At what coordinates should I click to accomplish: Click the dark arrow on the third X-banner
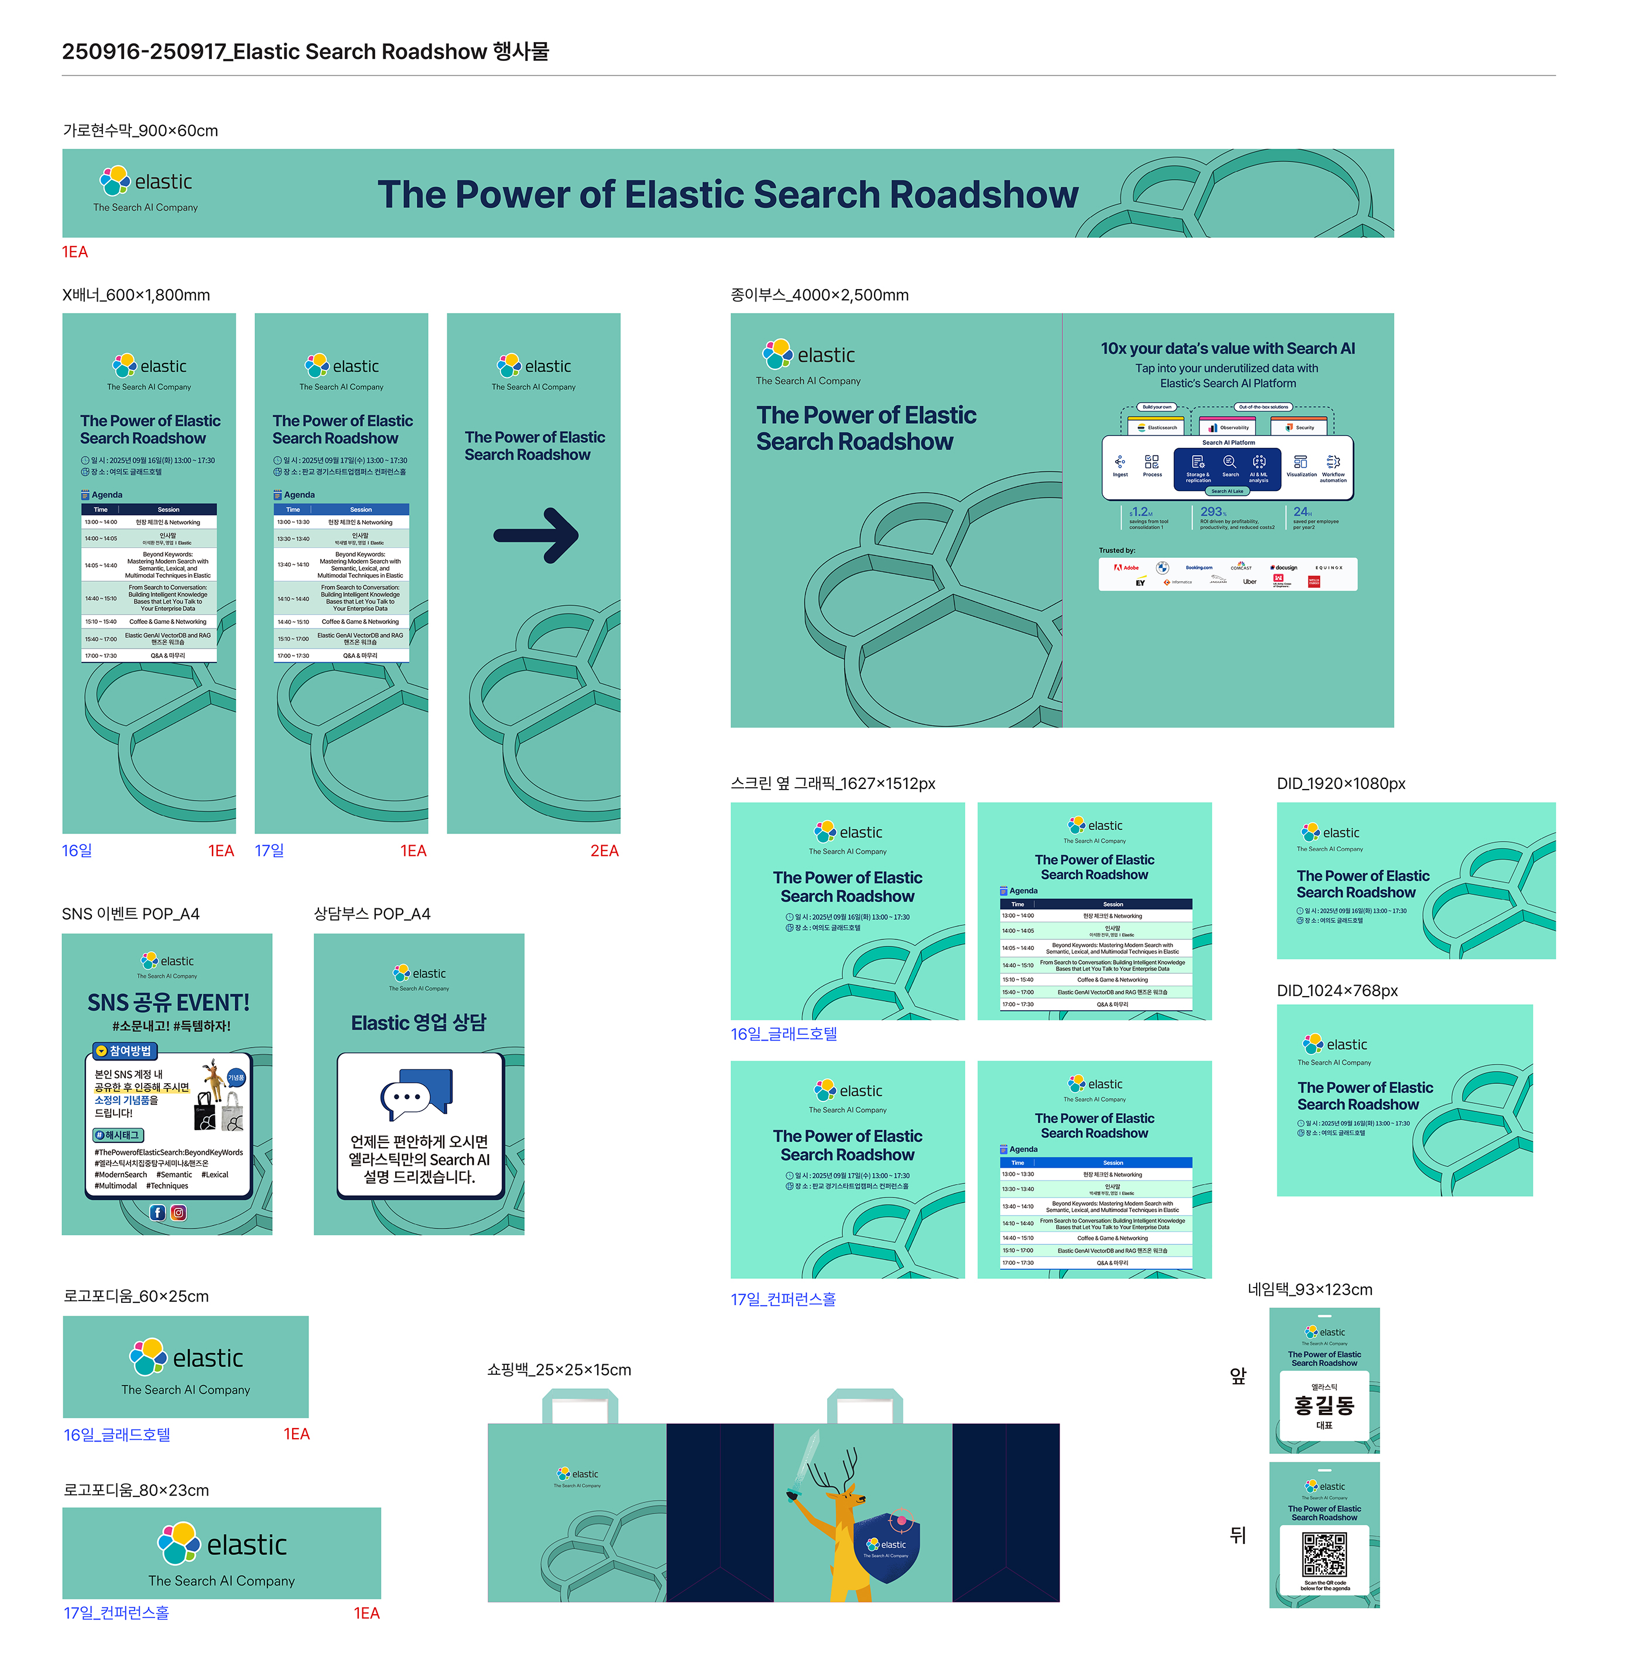pyautogui.click(x=536, y=536)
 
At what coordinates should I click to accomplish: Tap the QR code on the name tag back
pyautogui.click(x=1323, y=1554)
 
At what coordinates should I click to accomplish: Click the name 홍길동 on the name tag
pyautogui.click(x=1323, y=1405)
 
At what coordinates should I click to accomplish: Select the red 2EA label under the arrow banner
pyautogui.click(x=604, y=850)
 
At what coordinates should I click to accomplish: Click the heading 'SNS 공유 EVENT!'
pyautogui.click(x=169, y=1002)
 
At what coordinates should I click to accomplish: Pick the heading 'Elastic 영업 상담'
pyautogui.click(x=419, y=1022)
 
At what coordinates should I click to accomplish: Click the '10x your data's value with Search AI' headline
pyautogui.click(x=1227, y=348)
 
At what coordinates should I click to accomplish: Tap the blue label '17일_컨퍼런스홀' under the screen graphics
pyautogui.click(x=783, y=1299)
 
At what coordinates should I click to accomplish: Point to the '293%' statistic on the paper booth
pyautogui.click(x=1212, y=512)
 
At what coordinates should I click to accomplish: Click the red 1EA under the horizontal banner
pyautogui.click(x=74, y=252)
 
